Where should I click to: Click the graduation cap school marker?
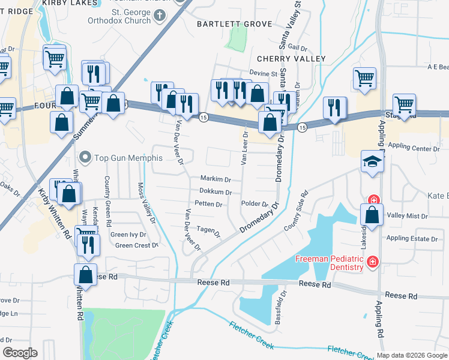click(372, 162)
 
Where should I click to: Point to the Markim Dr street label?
click(215, 179)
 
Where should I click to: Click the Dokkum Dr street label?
click(215, 192)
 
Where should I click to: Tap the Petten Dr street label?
click(209, 205)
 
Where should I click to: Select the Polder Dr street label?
click(254, 204)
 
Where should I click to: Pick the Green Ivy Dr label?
click(128, 235)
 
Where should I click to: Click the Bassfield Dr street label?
click(279, 307)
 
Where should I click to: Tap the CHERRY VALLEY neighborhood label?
click(291, 59)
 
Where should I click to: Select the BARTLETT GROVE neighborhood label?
click(235, 24)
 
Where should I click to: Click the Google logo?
click(20, 353)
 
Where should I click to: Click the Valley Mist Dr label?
click(407, 216)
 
